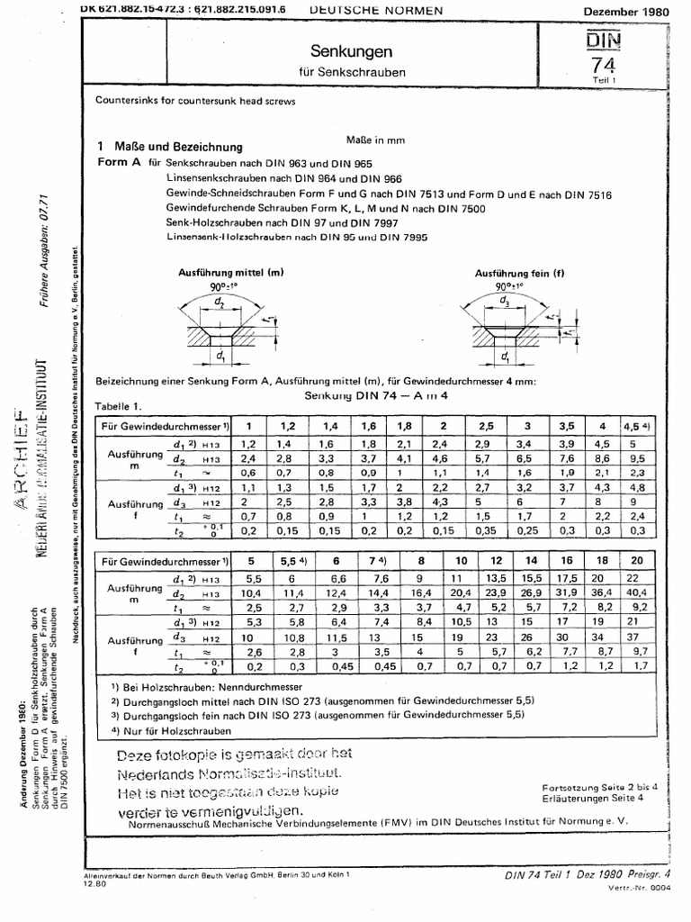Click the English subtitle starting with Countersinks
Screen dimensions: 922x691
point(195,101)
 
